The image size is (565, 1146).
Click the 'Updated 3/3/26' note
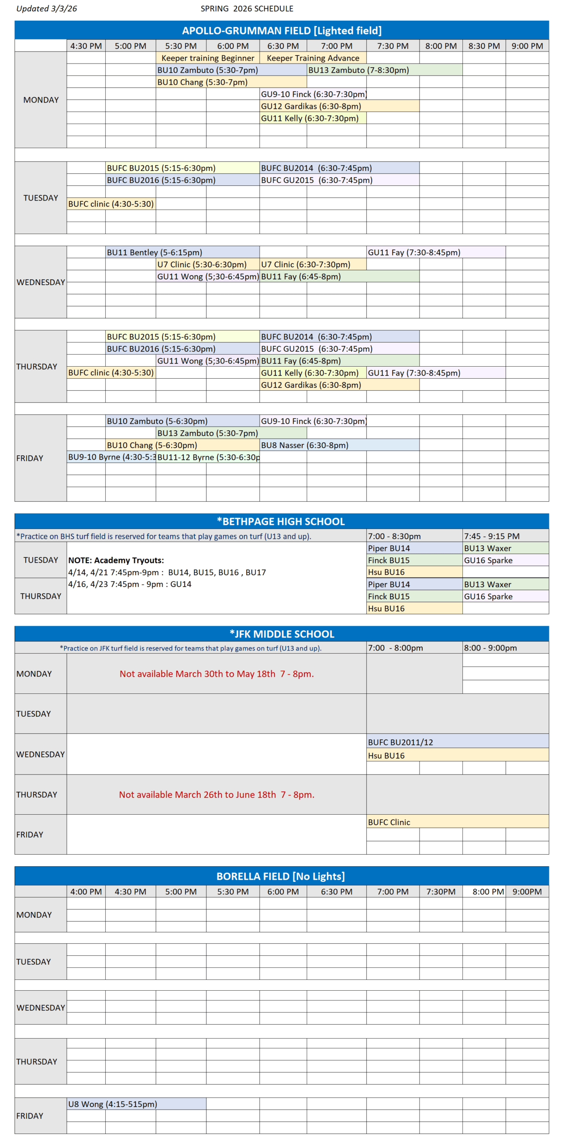tap(47, 9)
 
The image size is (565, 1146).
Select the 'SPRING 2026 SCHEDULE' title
tap(247, 9)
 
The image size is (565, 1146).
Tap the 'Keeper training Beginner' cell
tap(207, 58)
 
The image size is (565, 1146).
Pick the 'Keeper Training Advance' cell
tap(312, 58)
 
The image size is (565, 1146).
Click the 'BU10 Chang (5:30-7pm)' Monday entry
tap(202, 82)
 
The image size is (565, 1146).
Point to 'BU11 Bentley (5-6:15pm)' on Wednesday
tap(154, 252)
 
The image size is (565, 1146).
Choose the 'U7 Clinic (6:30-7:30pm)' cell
tap(305, 264)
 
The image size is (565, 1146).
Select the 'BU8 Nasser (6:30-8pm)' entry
tap(304, 445)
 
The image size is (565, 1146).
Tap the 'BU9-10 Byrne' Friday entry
tap(111, 457)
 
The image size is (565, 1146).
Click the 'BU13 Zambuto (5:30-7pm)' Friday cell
tap(207, 433)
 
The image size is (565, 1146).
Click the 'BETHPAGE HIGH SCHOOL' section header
tap(281, 521)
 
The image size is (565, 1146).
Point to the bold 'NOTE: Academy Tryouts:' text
tap(116, 560)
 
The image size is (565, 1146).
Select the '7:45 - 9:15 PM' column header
tap(492, 536)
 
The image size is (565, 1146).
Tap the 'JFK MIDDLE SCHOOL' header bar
tap(281, 633)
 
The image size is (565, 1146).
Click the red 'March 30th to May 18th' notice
tap(216, 673)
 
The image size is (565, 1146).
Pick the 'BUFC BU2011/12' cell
tap(400, 742)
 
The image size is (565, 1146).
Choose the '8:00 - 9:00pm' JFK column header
tap(490, 647)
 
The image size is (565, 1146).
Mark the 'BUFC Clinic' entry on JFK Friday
tap(389, 822)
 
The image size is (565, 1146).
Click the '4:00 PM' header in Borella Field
tap(86, 891)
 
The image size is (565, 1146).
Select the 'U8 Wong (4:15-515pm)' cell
tap(112, 1103)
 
